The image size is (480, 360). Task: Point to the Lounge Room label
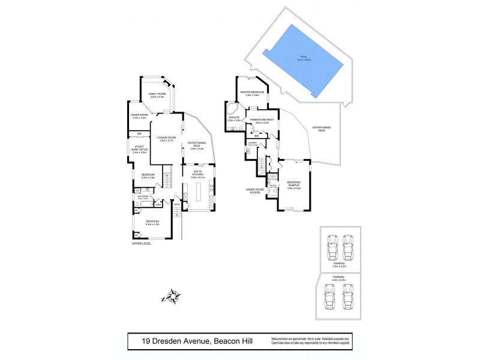click(x=166, y=139)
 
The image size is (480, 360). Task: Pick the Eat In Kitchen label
click(x=198, y=175)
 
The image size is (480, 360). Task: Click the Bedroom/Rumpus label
click(x=293, y=184)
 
